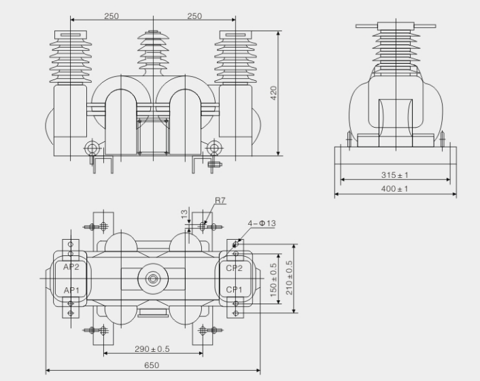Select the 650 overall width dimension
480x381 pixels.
point(152,365)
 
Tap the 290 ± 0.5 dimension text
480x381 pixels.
point(152,349)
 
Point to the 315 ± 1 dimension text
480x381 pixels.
point(394,175)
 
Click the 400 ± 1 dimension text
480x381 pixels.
point(394,189)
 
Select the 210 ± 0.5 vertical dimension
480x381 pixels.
point(290,278)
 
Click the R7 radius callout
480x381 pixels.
point(220,200)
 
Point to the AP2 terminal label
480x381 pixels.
point(71,267)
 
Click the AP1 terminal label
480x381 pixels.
point(71,290)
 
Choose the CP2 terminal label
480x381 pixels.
point(235,267)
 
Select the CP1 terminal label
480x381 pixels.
point(235,290)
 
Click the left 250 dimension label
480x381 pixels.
point(112,16)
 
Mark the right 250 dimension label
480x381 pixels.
point(194,16)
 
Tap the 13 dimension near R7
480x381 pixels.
point(184,215)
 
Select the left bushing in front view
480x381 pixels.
point(70,58)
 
